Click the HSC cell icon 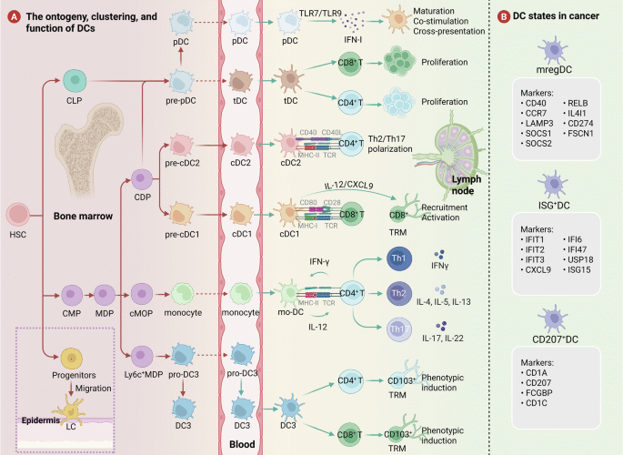click(18, 216)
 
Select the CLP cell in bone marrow click(74, 85)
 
